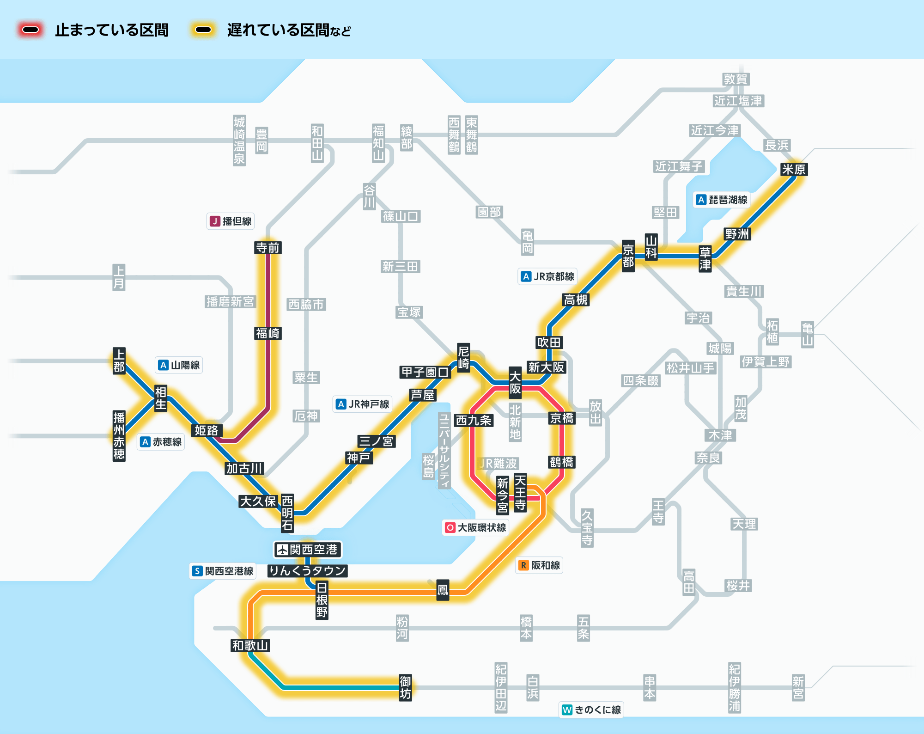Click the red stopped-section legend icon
pyautogui.click(x=30, y=30)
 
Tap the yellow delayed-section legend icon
pyautogui.click(x=203, y=30)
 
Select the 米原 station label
pyautogui.click(x=793, y=170)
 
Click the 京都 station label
pyautogui.click(x=628, y=256)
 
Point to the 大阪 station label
pyautogui.click(x=515, y=383)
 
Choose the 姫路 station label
pyautogui.click(x=206, y=430)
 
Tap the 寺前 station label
pyautogui.click(x=268, y=248)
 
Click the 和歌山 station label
pyautogui.click(x=250, y=645)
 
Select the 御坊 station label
pyautogui.click(x=405, y=687)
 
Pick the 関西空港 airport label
pyautogui.click(x=308, y=550)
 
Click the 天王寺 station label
pyautogui.click(x=520, y=492)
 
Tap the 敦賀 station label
pyautogui.click(x=736, y=80)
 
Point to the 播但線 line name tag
pyautogui.click(x=231, y=221)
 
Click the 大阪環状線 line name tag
pyautogui.click(x=475, y=527)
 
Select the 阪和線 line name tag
pyautogui.click(x=539, y=565)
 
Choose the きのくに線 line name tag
pyautogui.click(x=591, y=710)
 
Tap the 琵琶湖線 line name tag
pyautogui.click(x=722, y=200)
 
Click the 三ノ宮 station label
pyautogui.click(x=376, y=441)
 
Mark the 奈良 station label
pyautogui.click(x=708, y=458)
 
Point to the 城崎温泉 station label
pyautogui.click(x=239, y=141)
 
